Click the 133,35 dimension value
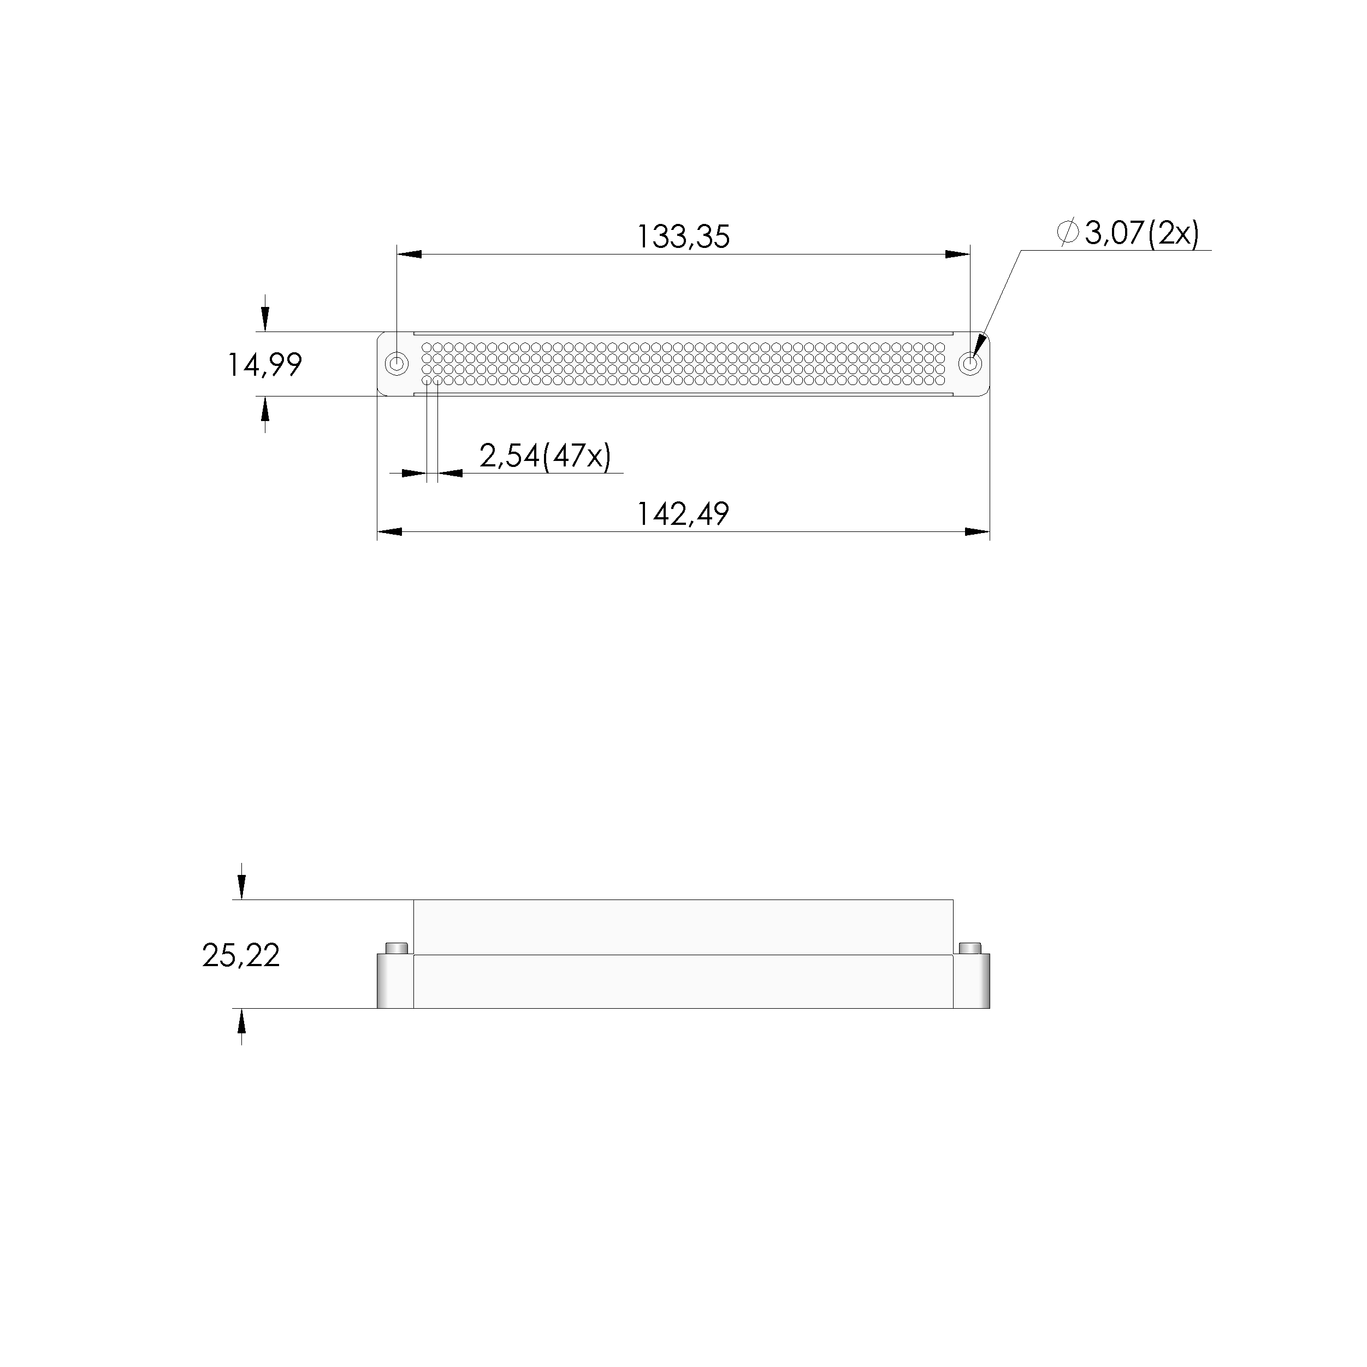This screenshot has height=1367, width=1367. (683, 236)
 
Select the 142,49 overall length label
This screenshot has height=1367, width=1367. (683, 514)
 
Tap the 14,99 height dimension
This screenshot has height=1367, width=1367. (264, 365)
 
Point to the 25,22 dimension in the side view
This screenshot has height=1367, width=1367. (240, 955)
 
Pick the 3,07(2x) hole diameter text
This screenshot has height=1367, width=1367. (1141, 234)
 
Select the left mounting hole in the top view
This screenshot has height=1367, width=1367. (397, 364)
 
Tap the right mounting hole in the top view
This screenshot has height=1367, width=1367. (970, 364)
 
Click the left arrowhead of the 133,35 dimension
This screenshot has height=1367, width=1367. (410, 254)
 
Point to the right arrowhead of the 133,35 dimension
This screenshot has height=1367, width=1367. (957, 254)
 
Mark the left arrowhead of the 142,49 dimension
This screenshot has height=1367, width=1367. (390, 531)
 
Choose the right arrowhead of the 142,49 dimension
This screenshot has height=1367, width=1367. (977, 531)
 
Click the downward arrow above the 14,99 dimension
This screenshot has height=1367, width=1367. (265, 320)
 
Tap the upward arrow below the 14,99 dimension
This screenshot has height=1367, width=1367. (265, 409)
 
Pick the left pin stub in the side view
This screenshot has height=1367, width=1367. (397, 948)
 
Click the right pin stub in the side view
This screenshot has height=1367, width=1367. (969, 948)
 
